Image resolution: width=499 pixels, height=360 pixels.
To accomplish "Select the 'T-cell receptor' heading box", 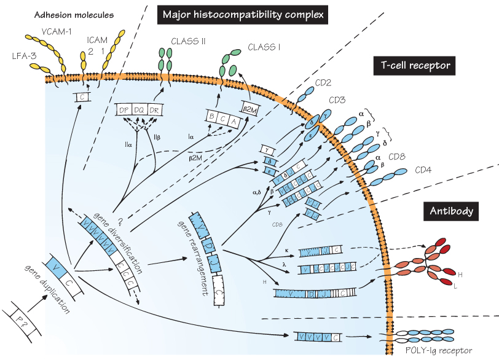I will coord(413,65).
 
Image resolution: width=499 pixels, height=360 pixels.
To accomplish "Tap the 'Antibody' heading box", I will coord(450,211).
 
